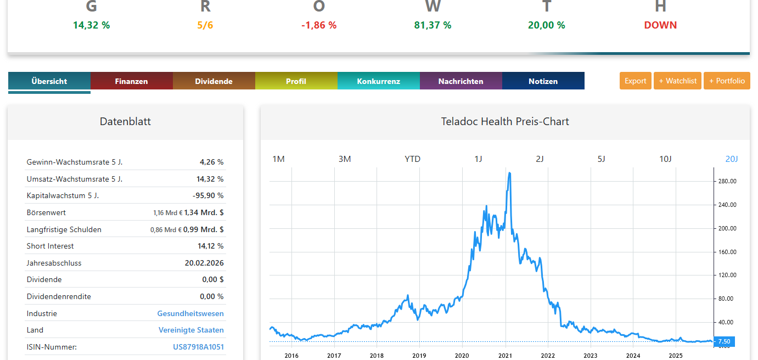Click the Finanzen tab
tap(131, 81)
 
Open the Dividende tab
tap(214, 81)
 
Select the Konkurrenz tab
tap(378, 81)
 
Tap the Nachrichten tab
tap(461, 81)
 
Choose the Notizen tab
tap(543, 81)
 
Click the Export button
tap(635, 81)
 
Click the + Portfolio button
tap(727, 81)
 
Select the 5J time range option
tap(601, 159)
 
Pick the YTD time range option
tap(412, 159)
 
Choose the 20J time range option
tap(731, 159)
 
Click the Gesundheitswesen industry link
tap(190, 313)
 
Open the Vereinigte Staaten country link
tap(191, 330)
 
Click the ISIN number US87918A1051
tap(198, 347)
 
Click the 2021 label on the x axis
tap(505, 356)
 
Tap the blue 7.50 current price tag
tap(725, 341)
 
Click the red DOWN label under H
tap(660, 25)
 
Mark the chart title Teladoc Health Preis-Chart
tap(505, 121)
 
